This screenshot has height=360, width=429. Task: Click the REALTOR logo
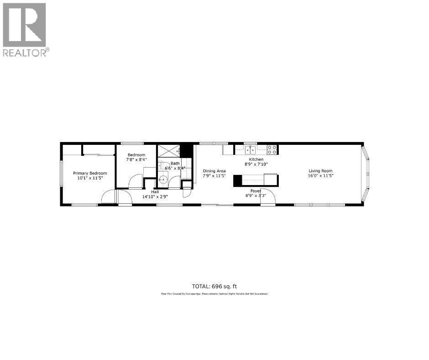pyautogui.click(x=25, y=29)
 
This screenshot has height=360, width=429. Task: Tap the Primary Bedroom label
pyautogui.click(x=90, y=173)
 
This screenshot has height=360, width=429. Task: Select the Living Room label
pyautogui.click(x=320, y=171)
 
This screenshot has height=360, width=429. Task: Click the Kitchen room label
pyautogui.click(x=256, y=159)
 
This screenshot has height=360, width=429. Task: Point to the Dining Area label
pyautogui.click(x=214, y=171)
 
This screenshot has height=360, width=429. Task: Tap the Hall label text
pyautogui.click(x=155, y=192)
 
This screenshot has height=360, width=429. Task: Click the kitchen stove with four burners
pyautogui.click(x=272, y=149)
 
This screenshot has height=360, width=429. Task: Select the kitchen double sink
pyautogui.click(x=250, y=149)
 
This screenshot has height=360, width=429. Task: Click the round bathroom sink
pyautogui.click(x=163, y=180)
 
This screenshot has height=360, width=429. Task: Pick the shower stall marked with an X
pyautogui.click(x=168, y=150)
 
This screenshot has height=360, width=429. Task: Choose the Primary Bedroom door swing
pyautogui.click(x=108, y=197)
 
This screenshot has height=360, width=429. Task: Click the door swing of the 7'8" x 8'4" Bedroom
pyautogui.click(x=136, y=182)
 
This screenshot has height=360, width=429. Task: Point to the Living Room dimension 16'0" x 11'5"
pyautogui.click(x=320, y=175)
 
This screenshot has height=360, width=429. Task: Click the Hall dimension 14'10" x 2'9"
pyautogui.click(x=155, y=197)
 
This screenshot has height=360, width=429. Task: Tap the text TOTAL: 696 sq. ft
pyautogui.click(x=214, y=286)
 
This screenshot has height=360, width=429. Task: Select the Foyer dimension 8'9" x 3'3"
pyautogui.click(x=256, y=195)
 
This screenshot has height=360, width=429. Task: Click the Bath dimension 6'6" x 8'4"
pyautogui.click(x=175, y=168)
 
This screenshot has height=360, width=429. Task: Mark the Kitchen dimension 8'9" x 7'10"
pyautogui.click(x=256, y=164)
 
